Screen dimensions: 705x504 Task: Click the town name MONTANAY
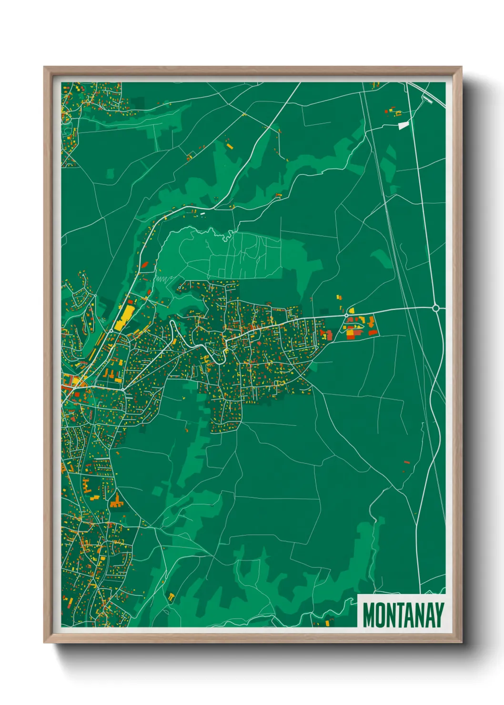403,615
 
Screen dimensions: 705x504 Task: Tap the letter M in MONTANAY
368,615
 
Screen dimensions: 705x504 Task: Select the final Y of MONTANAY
439,615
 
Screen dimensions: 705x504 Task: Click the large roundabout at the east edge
435,308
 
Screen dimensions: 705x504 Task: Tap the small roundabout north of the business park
346,315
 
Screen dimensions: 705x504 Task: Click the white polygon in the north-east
403,125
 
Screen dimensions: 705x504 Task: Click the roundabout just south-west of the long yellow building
111,331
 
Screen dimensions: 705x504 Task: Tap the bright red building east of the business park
373,332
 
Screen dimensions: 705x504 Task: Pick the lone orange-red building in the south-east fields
406,462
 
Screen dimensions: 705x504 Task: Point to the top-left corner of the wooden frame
44,67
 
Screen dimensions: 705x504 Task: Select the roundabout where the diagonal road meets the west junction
123,389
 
